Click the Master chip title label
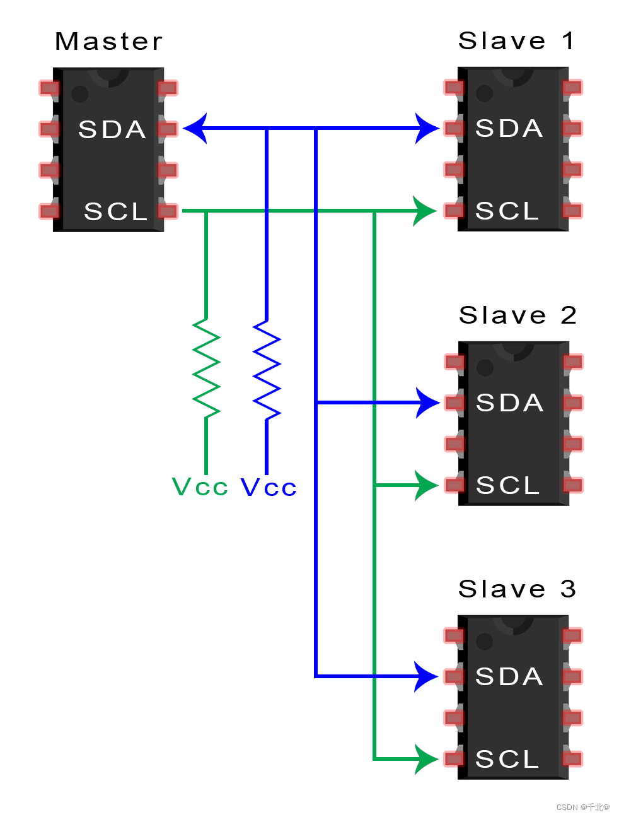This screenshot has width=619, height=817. point(108,42)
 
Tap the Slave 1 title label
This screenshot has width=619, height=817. point(516,41)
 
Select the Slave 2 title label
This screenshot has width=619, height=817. point(518,315)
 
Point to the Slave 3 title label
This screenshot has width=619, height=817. point(517,589)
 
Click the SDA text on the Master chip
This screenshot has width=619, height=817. point(112,129)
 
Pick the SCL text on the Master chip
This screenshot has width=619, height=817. point(116,211)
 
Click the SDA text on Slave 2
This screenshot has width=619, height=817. point(510,403)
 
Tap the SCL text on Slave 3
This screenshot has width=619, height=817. point(507,759)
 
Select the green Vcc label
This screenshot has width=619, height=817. point(200,487)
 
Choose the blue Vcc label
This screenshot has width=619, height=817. point(269,487)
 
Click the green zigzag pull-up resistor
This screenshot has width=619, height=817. point(206,368)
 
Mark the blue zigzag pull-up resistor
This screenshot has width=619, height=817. point(267,370)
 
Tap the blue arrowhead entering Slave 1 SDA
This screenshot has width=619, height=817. point(427,129)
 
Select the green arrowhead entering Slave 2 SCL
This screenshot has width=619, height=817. point(425,485)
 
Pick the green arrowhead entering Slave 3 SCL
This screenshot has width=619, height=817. point(425,759)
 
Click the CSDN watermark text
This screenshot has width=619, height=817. point(582,807)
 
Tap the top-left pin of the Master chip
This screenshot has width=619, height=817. point(49,88)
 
